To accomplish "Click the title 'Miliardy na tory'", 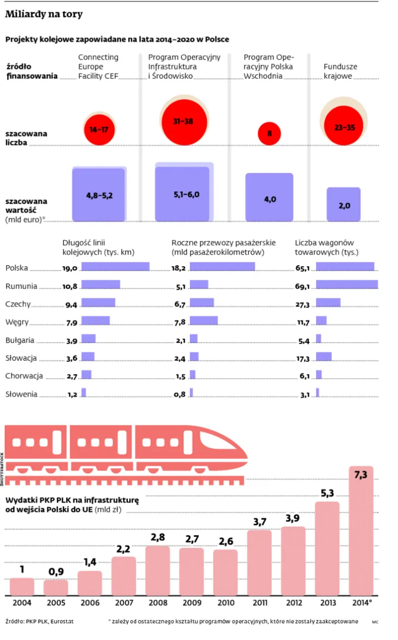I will (44, 15).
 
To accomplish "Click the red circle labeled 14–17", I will (99, 130).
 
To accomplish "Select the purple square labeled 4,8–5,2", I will (99, 194).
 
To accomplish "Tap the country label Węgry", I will (16, 322).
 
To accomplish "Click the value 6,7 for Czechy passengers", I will (179, 304).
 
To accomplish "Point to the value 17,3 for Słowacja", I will (303, 359).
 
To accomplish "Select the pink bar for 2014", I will (361, 530).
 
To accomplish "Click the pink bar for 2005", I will (56, 587).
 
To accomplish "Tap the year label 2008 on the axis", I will (158, 603).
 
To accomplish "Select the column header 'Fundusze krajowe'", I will (340, 71).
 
